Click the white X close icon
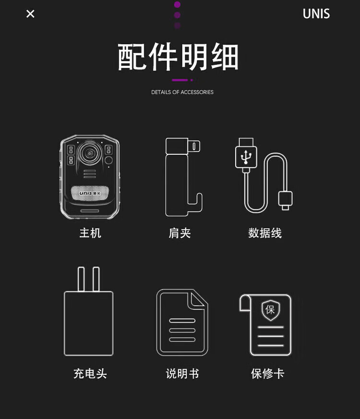click(x=30, y=13)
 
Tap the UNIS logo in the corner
click(x=316, y=13)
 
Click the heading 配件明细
click(x=178, y=57)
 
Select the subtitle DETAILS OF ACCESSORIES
click(x=182, y=92)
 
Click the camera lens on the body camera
click(x=90, y=153)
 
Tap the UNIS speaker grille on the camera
click(x=90, y=193)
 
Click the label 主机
click(x=90, y=233)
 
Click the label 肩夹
click(x=180, y=233)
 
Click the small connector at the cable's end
click(x=285, y=200)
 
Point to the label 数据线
click(x=265, y=233)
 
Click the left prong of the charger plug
click(x=81, y=279)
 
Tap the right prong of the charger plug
click(x=96, y=279)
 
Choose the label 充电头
click(x=90, y=373)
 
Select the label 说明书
click(x=182, y=373)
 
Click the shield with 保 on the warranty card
click(x=271, y=310)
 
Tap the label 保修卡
click(x=267, y=373)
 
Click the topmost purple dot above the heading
click(x=177, y=4)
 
